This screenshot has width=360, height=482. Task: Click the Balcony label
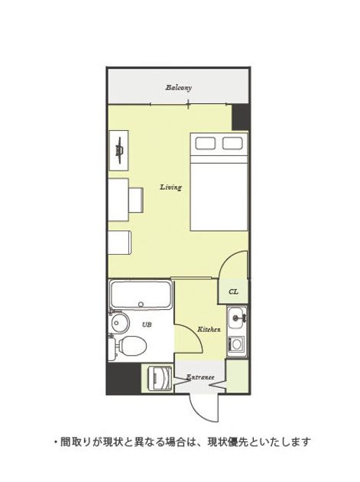tap(178, 88)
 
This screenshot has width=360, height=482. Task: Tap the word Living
tap(170, 187)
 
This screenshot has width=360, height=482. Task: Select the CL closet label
tap(233, 291)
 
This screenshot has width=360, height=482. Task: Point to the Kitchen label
tap(209, 329)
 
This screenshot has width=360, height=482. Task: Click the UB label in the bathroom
tap(147, 324)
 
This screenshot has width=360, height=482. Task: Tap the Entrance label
tap(200, 377)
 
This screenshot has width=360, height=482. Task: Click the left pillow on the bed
tap(206, 143)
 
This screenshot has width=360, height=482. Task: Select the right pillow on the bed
tap(232, 143)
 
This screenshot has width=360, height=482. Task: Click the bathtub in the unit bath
tap(141, 295)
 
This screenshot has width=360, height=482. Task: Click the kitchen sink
tap(237, 318)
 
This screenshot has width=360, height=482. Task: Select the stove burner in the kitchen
tap(236, 344)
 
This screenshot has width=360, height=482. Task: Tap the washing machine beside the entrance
tap(160, 378)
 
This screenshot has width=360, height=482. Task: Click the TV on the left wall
tap(119, 150)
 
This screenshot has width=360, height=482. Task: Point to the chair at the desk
tap(136, 200)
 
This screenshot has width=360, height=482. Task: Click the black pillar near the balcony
tap(240, 117)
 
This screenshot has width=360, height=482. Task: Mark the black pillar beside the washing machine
tap(124, 378)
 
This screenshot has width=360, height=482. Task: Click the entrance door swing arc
tap(201, 412)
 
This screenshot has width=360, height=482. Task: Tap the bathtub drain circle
tap(141, 305)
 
